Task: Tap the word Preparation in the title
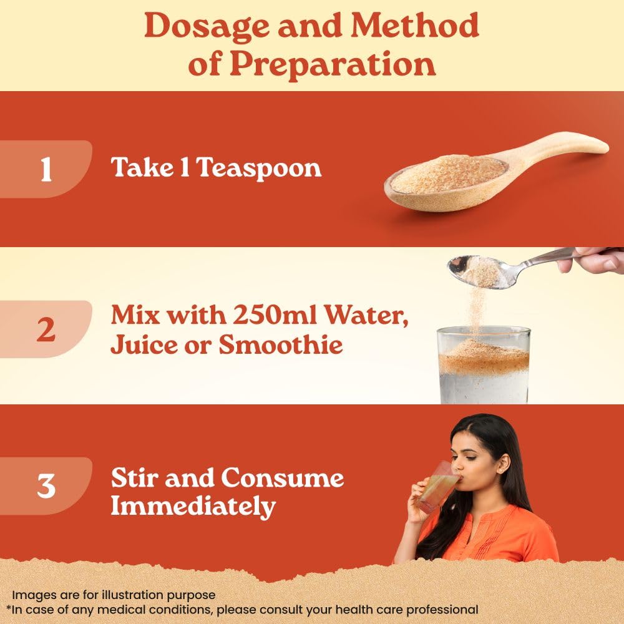(x=331, y=64)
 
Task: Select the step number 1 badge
(x=46, y=170)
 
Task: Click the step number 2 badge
(x=46, y=329)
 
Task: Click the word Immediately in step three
(x=193, y=507)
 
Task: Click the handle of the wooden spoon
(x=562, y=150)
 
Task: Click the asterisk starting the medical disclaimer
(x=9, y=608)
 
